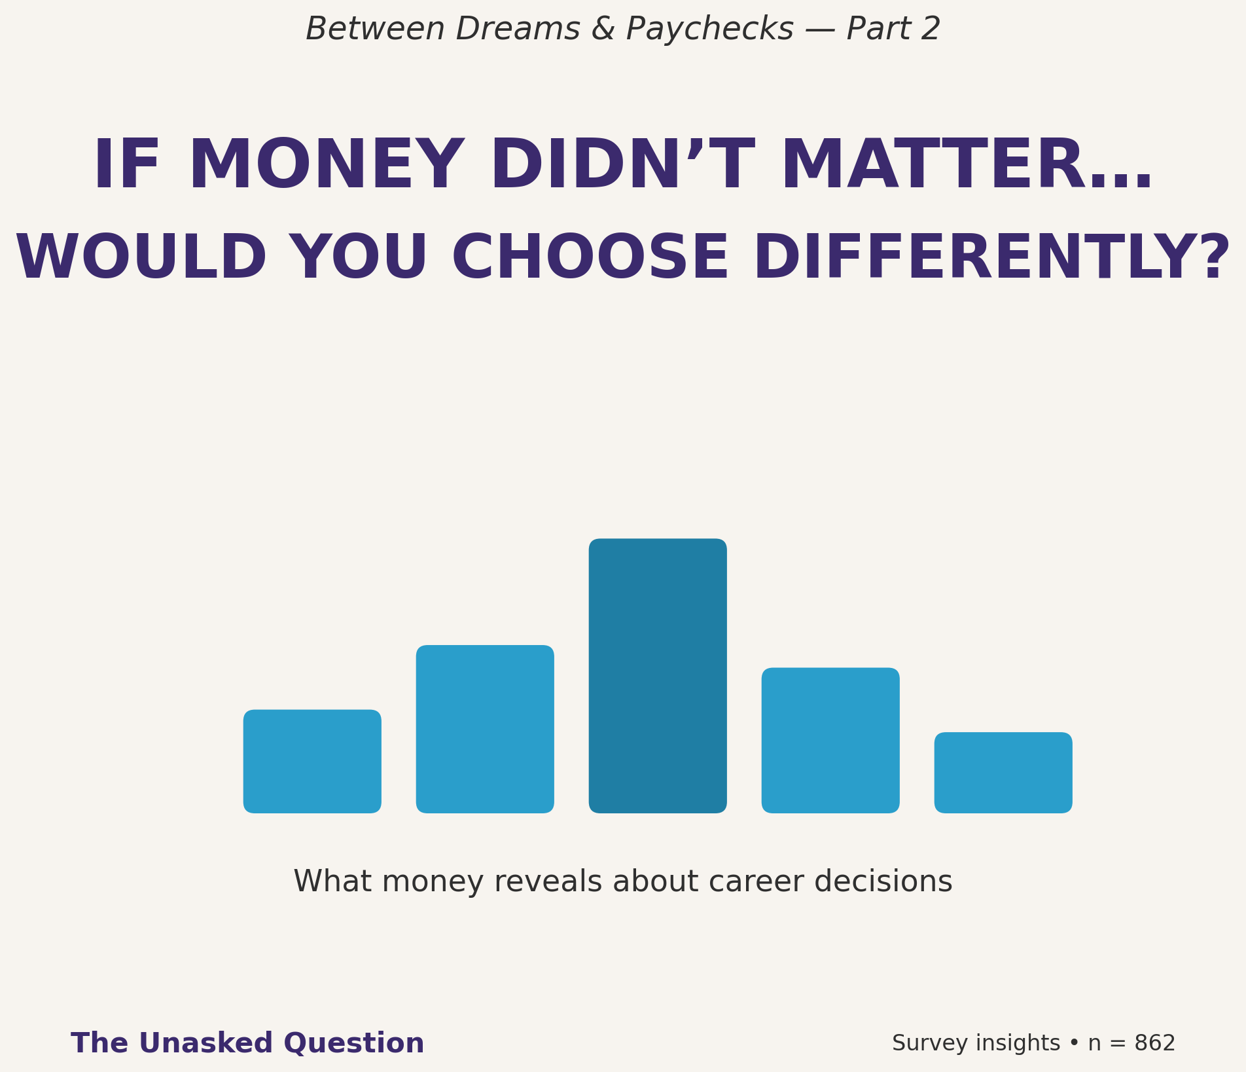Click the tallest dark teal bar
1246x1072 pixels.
tap(658, 676)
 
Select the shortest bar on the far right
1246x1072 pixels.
tap(1003, 773)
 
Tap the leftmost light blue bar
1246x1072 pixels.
tap(312, 761)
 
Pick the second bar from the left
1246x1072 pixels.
tap(485, 729)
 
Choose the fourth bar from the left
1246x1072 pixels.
tap(830, 740)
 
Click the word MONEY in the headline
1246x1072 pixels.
tap(324, 166)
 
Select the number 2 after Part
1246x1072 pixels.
tap(930, 29)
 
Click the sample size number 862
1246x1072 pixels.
tap(1155, 1043)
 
